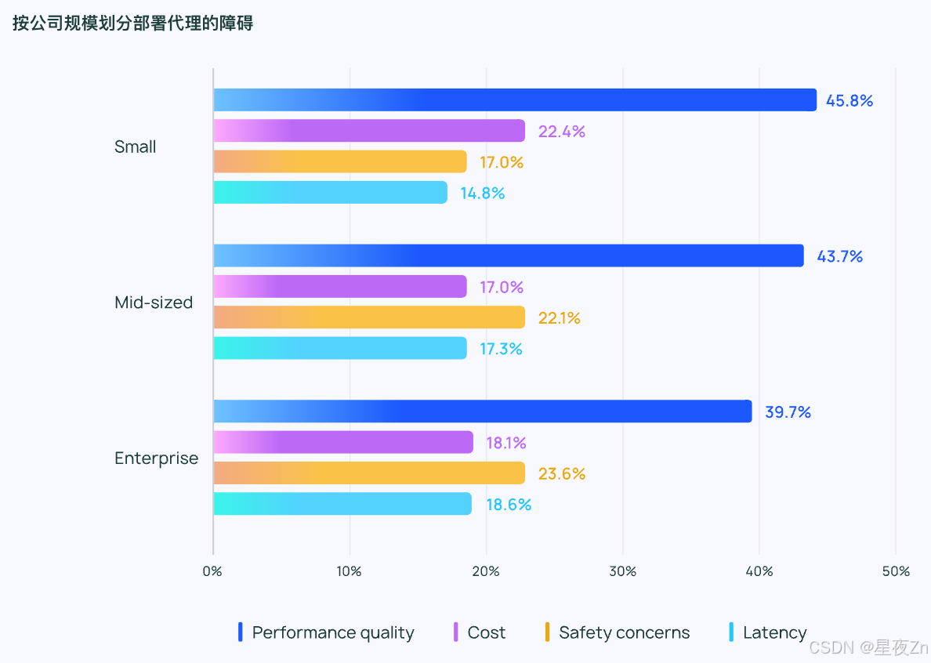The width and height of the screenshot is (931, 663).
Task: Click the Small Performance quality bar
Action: coord(515,100)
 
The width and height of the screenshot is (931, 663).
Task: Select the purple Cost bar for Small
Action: coord(369,131)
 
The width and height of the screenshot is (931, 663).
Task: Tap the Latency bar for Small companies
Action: coord(330,193)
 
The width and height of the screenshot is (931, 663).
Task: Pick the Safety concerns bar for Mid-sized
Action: coord(369,317)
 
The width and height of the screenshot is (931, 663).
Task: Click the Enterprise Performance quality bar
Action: coord(482,411)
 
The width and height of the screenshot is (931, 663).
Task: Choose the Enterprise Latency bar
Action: coord(342,504)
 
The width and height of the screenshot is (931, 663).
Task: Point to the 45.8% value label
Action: coord(849,100)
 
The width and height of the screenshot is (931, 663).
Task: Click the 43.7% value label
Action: coord(839,256)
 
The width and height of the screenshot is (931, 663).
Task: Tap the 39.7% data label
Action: coord(788,411)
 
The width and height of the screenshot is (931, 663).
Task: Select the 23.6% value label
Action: coord(561,473)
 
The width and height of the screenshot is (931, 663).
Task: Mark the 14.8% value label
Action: coord(482,193)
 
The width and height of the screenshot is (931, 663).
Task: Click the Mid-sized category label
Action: coord(154,303)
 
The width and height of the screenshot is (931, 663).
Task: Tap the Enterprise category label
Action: coord(157,458)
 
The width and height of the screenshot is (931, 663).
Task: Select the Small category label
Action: coord(136,147)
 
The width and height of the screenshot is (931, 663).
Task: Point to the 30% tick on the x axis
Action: coord(623,571)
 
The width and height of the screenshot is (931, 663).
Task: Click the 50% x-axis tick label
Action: coord(896,571)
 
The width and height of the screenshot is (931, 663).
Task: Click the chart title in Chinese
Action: coord(132,24)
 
